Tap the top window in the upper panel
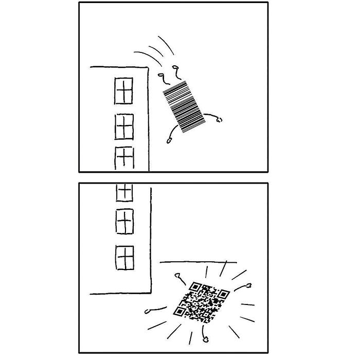123,91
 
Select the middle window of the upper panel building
123,127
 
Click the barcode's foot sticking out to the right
220,120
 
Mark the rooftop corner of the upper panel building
149,66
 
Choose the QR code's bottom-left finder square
179,311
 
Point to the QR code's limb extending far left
149,311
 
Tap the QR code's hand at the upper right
249,285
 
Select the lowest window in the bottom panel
125,256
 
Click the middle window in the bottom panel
125,222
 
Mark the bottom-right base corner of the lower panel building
151,294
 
